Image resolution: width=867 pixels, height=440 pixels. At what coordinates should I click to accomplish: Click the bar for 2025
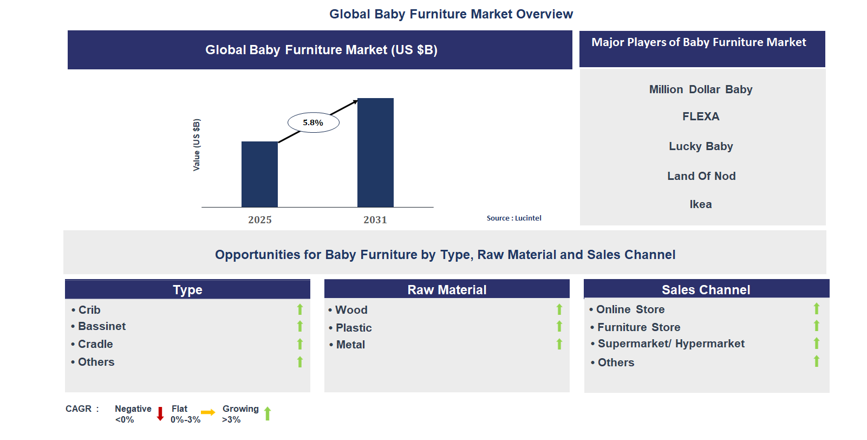pyautogui.click(x=259, y=174)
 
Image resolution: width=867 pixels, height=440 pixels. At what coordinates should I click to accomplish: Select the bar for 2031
pyautogui.click(x=375, y=152)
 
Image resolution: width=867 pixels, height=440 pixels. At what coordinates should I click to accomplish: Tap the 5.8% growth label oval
pyautogui.click(x=313, y=122)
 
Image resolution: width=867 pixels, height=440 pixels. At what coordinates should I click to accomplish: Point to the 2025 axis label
pyautogui.click(x=260, y=219)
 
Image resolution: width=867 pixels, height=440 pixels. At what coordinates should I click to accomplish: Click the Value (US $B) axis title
pyautogui.click(x=197, y=145)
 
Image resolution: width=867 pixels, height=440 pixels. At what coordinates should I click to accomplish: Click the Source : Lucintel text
pyautogui.click(x=513, y=218)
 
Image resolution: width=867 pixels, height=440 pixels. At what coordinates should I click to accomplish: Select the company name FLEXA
pyautogui.click(x=700, y=117)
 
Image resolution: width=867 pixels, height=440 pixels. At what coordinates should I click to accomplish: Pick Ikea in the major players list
pyautogui.click(x=700, y=204)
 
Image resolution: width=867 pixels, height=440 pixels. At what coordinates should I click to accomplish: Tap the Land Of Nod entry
pyautogui.click(x=701, y=176)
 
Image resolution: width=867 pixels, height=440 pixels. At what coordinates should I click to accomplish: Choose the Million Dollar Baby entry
pyautogui.click(x=700, y=89)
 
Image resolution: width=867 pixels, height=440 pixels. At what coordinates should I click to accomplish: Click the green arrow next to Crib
pyautogui.click(x=300, y=309)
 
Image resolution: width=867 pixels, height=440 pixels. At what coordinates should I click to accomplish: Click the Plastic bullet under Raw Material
pyautogui.click(x=353, y=328)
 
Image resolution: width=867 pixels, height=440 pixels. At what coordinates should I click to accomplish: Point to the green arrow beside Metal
pyautogui.click(x=559, y=344)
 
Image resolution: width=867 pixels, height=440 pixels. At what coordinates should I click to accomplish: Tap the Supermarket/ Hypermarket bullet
pyautogui.click(x=670, y=344)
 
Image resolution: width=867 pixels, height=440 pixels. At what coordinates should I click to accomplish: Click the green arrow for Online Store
pyautogui.click(x=817, y=309)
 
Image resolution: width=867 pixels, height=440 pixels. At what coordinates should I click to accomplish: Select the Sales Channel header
pyautogui.click(x=706, y=289)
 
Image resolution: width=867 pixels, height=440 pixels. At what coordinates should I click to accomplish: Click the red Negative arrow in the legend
pyautogui.click(x=160, y=414)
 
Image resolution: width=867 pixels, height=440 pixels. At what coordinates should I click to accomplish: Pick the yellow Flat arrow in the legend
pyautogui.click(x=208, y=413)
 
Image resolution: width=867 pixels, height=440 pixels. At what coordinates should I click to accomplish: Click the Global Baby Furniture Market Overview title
pyautogui.click(x=451, y=14)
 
